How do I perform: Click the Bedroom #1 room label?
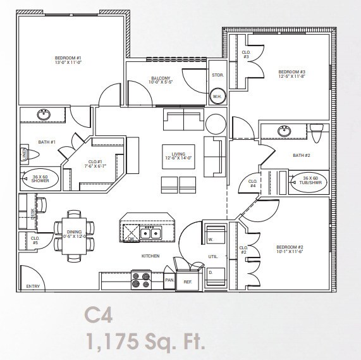pyautogui.click(x=68, y=61)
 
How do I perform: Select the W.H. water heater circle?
pyautogui.click(x=216, y=96)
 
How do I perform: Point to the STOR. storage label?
pyautogui.click(x=217, y=75)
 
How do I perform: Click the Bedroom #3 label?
pyautogui.click(x=291, y=74)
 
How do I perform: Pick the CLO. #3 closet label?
pyautogui.click(x=246, y=54)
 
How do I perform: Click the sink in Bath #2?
pyautogui.click(x=284, y=131)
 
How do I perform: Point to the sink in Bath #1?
pyautogui.click(x=44, y=114)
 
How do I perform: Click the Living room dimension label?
pyautogui.click(x=176, y=156)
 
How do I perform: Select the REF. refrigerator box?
pyautogui.click(x=187, y=280)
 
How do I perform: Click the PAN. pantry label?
pyautogui.click(x=169, y=279)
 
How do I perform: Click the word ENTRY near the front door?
pyautogui.click(x=32, y=287)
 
